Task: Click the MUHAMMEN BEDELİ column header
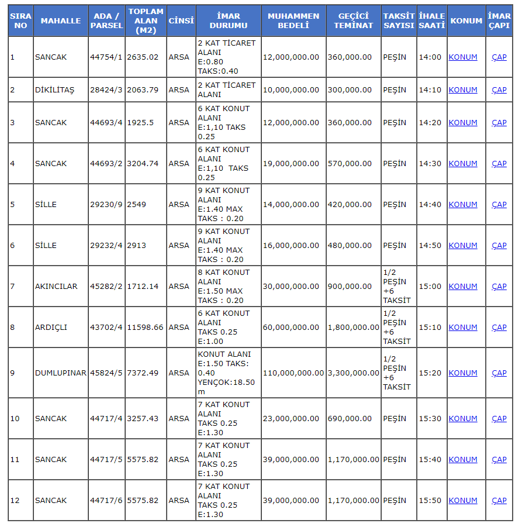293,20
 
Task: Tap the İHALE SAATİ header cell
432,20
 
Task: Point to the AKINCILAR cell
56,287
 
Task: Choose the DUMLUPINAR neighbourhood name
61,373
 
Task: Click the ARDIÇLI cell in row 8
51,328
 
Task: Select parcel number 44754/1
106,57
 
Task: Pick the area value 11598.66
145,328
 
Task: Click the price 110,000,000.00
293,373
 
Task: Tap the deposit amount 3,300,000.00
353,373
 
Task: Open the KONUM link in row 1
463,57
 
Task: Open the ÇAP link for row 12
499,501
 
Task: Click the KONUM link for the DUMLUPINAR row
463,373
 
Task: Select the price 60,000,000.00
291,328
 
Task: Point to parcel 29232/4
106,246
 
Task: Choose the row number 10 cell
15,419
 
